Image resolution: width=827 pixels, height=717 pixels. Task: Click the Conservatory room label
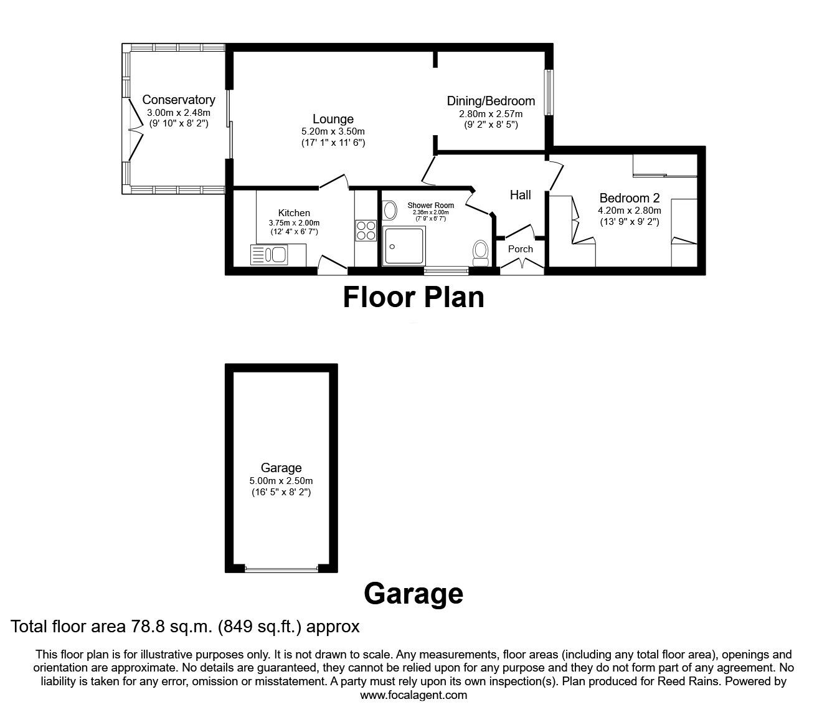click(179, 100)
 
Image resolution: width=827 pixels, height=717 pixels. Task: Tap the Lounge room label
click(333, 119)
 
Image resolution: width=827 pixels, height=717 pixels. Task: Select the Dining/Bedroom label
click(491, 101)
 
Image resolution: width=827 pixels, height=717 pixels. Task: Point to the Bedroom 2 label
click(629, 198)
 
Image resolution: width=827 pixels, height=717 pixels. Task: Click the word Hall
click(520, 195)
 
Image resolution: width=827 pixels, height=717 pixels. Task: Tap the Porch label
click(521, 249)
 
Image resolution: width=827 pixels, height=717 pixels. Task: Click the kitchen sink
click(270, 254)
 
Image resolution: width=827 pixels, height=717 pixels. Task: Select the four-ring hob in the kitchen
click(366, 230)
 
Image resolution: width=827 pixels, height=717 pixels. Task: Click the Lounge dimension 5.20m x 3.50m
click(333, 131)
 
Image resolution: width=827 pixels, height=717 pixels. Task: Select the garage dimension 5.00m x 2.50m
click(281, 481)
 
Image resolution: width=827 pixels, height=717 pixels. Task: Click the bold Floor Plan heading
click(413, 297)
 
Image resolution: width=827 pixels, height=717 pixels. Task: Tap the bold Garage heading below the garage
click(413, 593)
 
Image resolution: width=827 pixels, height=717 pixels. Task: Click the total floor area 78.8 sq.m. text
click(186, 626)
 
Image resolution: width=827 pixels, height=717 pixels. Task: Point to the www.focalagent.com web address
click(413, 695)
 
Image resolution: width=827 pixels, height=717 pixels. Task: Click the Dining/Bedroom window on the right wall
click(549, 92)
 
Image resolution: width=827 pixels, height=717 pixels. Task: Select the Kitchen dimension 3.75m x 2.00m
click(294, 223)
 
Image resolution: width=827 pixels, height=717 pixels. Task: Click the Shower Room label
click(431, 205)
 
